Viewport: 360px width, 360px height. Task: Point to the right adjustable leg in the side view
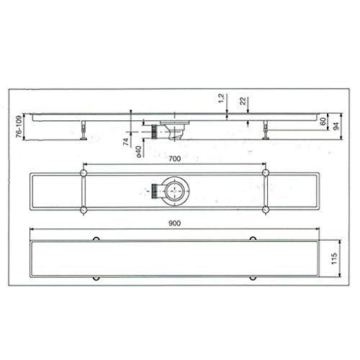(267, 131)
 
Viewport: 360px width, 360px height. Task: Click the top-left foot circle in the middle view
(84, 174)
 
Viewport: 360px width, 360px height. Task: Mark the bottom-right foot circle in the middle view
(266, 210)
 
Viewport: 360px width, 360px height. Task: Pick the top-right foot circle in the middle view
(266, 174)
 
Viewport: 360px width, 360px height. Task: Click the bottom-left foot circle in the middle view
(84, 210)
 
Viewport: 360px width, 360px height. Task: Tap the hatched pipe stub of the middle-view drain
(154, 192)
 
